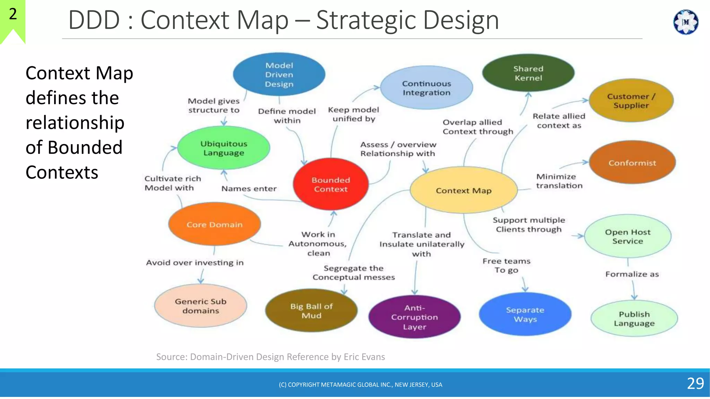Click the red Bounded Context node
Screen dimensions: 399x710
click(330, 184)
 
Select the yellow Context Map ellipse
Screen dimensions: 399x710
click(464, 190)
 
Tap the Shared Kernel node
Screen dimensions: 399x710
click(528, 73)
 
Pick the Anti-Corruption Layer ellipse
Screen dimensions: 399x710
click(414, 317)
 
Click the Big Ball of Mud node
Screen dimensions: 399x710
click(311, 311)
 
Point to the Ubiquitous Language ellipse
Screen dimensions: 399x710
click(224, 148)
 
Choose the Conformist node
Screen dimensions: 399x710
click(632, 162)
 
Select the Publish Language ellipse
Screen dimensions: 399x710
click(634, 318)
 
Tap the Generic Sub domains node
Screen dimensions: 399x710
click(200, 306)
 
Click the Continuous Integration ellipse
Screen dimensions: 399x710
click(426, 88)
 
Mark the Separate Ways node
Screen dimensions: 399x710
click(525, 314)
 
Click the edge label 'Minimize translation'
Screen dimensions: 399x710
click(559, 181)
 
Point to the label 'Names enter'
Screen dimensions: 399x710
click(249, 189)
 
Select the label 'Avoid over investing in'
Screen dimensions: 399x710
click(195, 263)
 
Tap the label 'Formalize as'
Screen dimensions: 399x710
click(632, 274)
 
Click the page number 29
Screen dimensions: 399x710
click(695, 383)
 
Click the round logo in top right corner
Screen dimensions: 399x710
click(685, 22)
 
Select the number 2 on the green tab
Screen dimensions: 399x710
click(13, 14)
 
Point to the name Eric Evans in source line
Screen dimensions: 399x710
click(364, 357)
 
